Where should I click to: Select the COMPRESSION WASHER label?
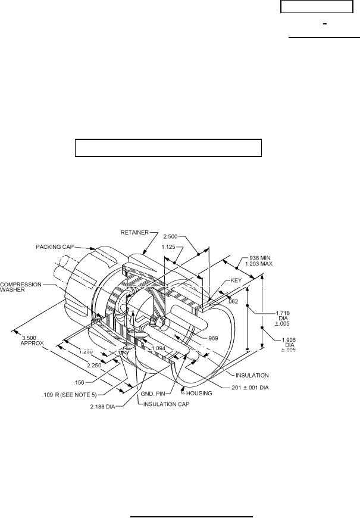tap(21, 288)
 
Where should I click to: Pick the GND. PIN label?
tap(159, 394)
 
